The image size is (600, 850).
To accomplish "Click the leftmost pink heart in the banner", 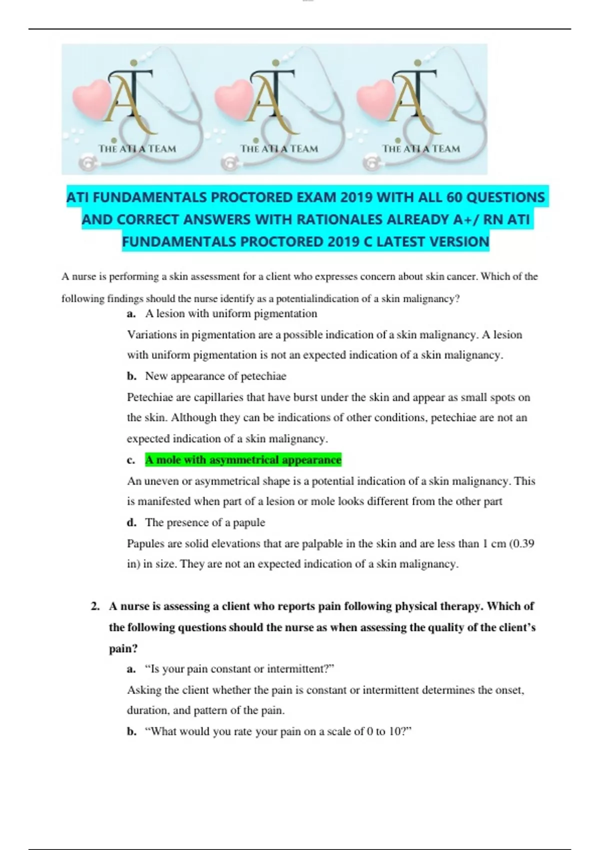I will click(92, 97).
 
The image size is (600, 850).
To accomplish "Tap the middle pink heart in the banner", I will click(233, 97).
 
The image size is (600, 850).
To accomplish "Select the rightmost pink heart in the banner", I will click(376, 97).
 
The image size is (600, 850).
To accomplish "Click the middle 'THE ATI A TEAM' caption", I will click(279, 148).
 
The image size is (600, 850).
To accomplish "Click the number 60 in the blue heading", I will click(454, 197).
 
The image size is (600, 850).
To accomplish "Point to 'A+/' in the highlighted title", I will click(465, 219).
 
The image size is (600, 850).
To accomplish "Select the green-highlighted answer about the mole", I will click(243, 460).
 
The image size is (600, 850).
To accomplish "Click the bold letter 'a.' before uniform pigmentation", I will click(131, 314).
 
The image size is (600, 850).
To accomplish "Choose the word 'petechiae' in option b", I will click(263, 376).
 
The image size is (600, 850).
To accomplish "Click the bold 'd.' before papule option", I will click(131, 522).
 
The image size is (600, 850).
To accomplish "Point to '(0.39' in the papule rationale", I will click(521, 543).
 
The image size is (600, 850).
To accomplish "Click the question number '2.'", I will click(95, 606).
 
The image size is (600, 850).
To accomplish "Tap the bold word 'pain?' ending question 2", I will click(123, 648).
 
